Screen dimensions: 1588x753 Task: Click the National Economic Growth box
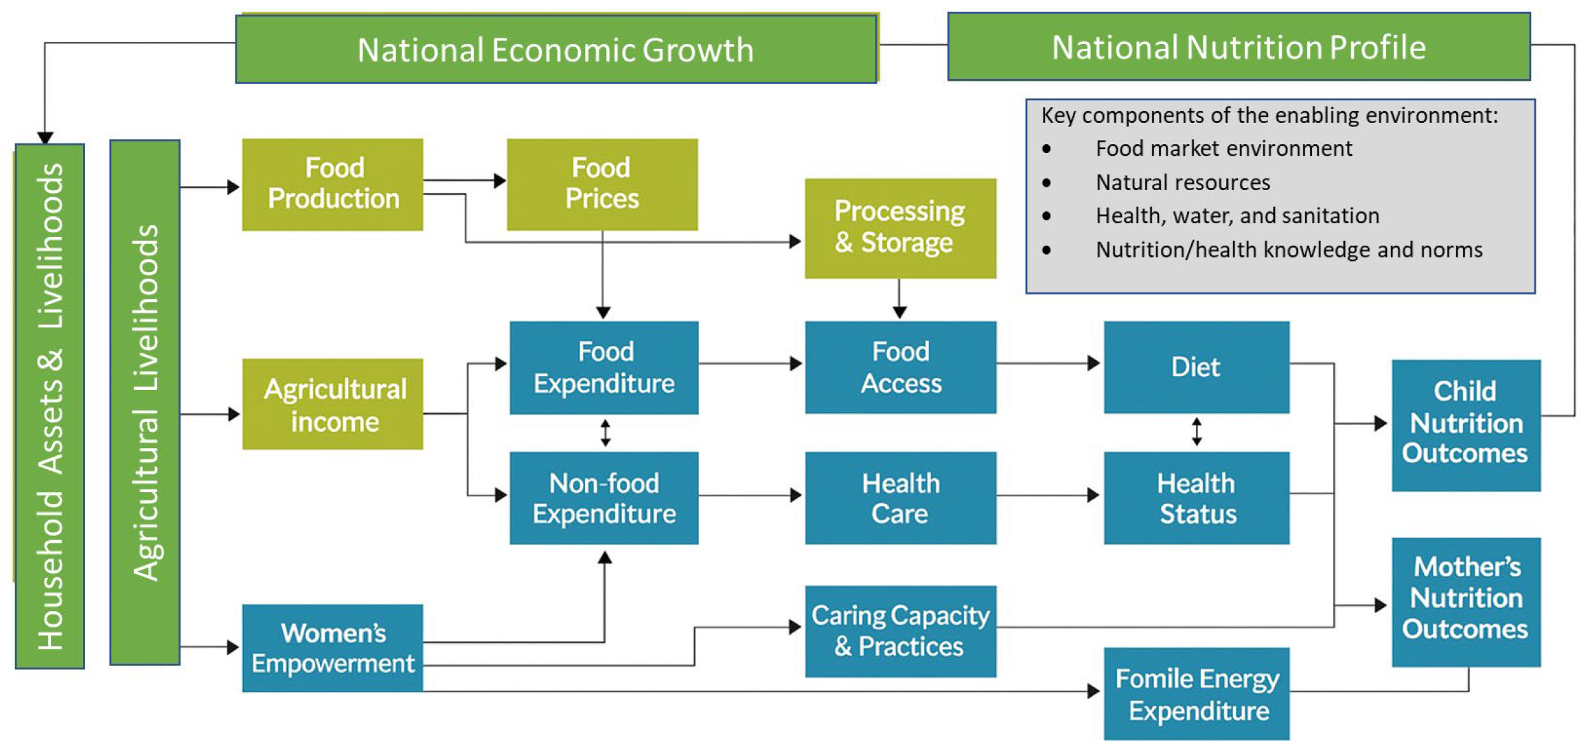556,49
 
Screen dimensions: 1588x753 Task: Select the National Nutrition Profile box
1239,47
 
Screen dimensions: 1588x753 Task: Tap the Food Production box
333,184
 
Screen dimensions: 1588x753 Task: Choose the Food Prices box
602,184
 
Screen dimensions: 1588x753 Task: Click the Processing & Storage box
900,228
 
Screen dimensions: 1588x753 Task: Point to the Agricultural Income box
333,404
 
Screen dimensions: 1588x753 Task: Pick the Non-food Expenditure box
603,498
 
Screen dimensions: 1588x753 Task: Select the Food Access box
900,367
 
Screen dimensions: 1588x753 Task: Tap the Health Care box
900,498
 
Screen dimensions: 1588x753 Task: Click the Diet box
1196,367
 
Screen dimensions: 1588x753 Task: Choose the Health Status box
1196,498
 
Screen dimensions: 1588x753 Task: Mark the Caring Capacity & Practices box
900,631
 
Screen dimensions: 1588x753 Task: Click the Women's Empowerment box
333,647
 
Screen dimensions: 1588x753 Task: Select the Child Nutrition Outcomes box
1466,425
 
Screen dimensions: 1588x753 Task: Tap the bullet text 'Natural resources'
1182,183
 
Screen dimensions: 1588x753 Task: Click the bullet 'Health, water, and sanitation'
1237,216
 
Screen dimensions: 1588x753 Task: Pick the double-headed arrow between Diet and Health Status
1197,432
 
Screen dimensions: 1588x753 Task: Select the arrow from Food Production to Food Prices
464,181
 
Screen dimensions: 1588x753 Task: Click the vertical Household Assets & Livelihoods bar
50,405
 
